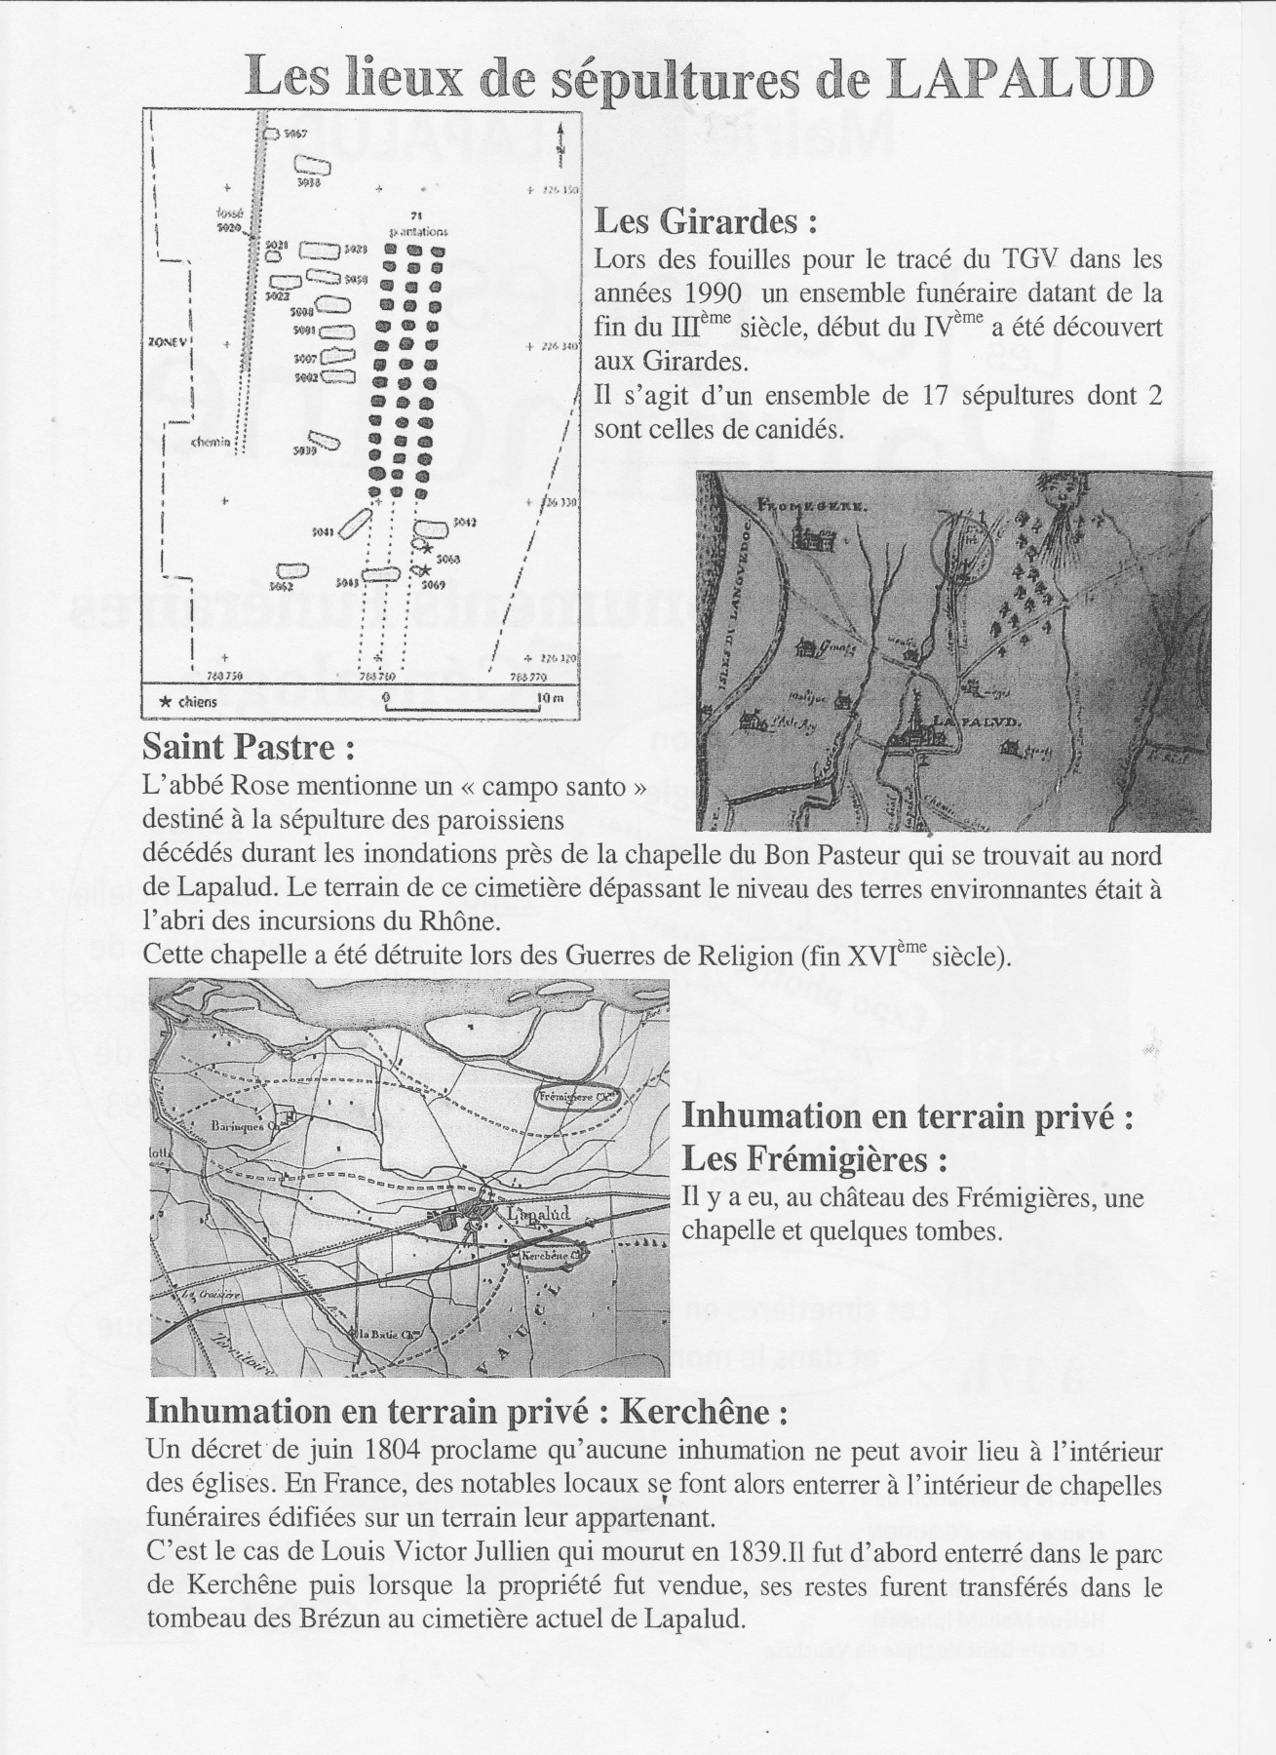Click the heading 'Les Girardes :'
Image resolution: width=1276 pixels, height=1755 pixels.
point(705,222)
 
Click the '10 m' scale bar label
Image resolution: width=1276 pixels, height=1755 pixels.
point(550,699)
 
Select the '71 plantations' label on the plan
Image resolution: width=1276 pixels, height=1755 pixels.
point(417,224)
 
